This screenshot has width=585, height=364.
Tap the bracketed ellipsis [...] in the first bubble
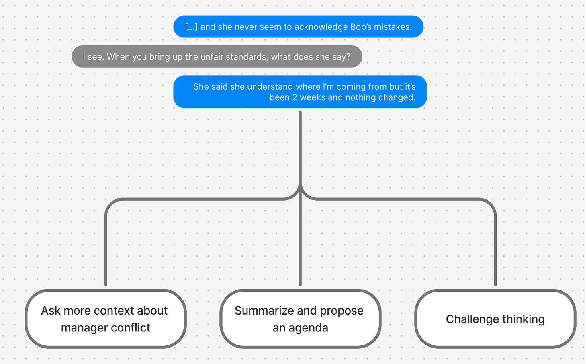tap(191, 27)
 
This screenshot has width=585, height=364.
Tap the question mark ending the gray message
tap(348, 57)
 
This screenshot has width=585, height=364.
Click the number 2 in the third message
tap(295, 97)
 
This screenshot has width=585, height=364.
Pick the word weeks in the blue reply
tap(313, 97)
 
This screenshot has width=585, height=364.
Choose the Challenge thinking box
tap(495, 319)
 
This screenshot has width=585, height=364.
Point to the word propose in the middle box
tap(342, 311)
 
